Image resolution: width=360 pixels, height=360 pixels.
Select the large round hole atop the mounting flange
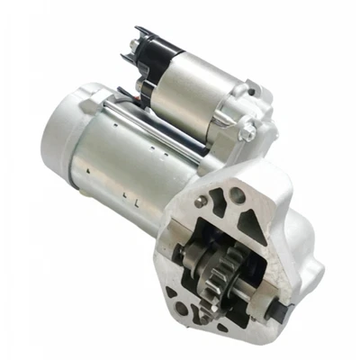(236, 195)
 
